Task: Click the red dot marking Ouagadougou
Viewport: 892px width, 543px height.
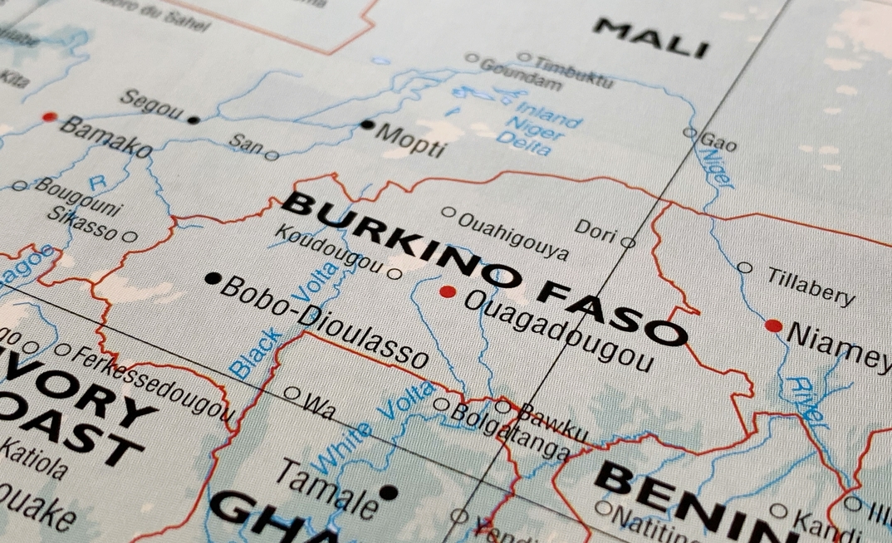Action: coord(448,291)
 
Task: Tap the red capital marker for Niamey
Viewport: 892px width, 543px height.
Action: coord(773,325)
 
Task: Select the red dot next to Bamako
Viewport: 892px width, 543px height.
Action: coord(50,117)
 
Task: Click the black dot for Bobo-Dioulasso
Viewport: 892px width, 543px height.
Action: coord(213,278)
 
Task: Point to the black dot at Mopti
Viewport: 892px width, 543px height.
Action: coord(367,125)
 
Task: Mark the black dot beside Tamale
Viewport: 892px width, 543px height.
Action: coord(388,492)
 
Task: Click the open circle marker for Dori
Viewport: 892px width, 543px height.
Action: coord(628,243)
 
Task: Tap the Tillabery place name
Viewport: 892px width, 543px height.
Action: coord(811,286)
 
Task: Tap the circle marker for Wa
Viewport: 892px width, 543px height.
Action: coord(292,393)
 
